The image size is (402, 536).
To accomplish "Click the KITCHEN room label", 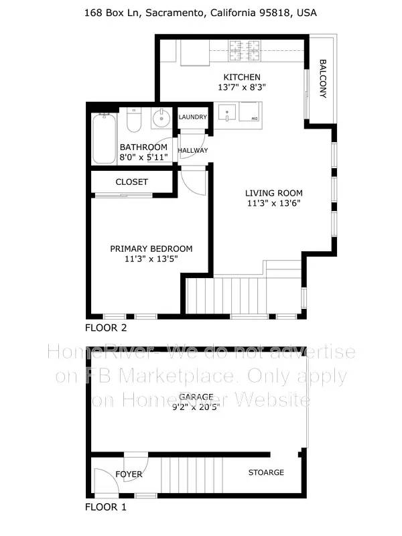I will tap(242, 77).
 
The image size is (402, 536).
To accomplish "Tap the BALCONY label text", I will tap(322, 79).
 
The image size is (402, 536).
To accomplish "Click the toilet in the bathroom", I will tap(133, 121).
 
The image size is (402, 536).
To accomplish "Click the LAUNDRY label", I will tap(192, 117).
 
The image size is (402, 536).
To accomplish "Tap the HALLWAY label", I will tap(192, 151).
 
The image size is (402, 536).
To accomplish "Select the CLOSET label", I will tap(132, 182).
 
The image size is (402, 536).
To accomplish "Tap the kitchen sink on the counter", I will tap(227, 112).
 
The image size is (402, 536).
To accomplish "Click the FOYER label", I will tap(129, 474).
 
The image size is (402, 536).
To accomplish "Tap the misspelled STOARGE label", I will tap(266, 472).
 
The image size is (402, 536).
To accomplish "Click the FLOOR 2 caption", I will tap(106, 328).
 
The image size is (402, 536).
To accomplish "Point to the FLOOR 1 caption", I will tap(105, 507).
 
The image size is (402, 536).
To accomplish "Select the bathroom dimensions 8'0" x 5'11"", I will tap(143, 157).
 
